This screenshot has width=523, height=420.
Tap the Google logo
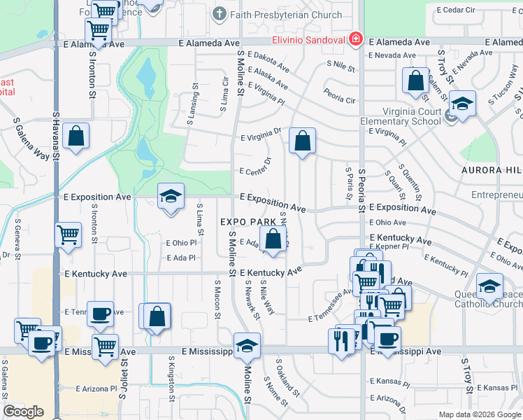tap(23, 412)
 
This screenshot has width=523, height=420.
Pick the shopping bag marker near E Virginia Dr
tap(302, 140)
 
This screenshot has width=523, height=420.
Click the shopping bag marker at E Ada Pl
tap(273, 237)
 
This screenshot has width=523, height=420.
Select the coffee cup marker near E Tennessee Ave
tap(100, 313)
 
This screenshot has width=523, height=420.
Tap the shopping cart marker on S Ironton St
tap(98, 30)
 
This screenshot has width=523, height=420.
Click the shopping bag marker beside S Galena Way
tap(76, 136)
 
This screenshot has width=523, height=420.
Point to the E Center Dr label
tap(255, 171)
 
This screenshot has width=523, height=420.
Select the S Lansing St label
tap(191, 105)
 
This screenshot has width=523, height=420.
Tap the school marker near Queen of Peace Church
tap(489, 285)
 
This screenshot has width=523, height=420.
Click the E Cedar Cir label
tap(459, 10)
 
